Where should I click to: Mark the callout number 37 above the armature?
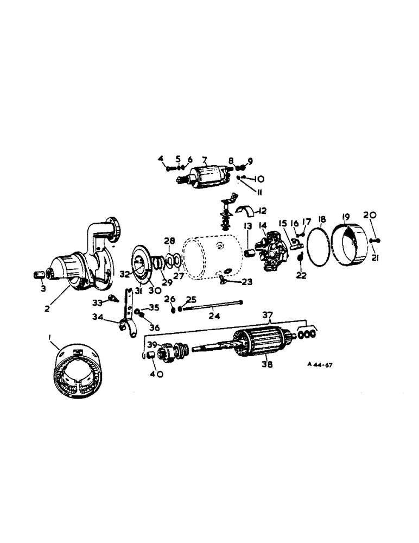(266, 315)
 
